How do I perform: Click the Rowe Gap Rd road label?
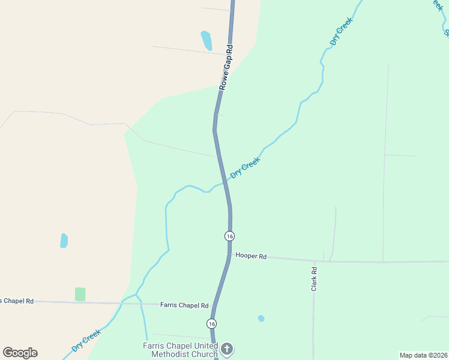point(225,67)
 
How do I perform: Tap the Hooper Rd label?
point(251,256)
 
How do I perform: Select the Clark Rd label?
point(313,280)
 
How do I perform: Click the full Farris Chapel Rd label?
point(184,305)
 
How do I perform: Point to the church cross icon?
point(227,349)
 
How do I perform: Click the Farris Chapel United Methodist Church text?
point(181,349)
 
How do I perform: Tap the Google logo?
point(20,353)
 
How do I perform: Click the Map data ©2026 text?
point(423,355)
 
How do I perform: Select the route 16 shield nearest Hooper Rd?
point(229,236)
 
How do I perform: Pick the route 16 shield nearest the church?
point(211,323)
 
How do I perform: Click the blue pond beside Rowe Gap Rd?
point(206,40)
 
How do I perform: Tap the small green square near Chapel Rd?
point(80,294)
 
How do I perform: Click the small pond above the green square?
point(64,241)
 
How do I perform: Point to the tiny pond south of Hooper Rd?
point(261,318)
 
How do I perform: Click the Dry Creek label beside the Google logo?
point(86,340)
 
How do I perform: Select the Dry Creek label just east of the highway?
point(245,168)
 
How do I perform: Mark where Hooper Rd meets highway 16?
point(229,255)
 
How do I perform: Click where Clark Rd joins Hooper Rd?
point(314,261)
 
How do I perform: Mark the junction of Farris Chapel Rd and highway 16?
point(214,305)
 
